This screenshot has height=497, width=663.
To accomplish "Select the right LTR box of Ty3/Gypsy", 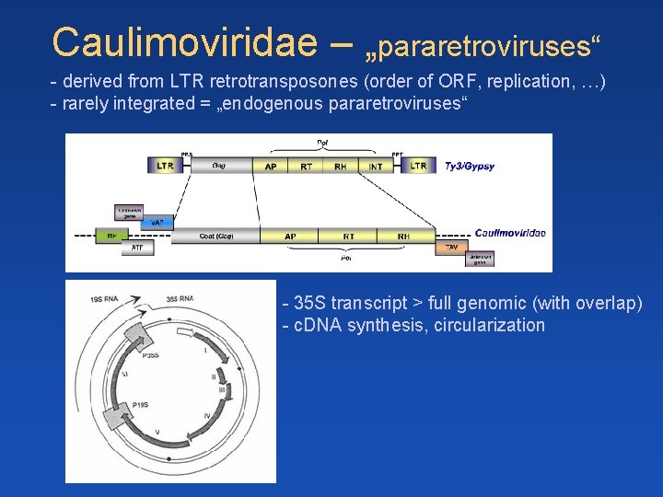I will tap(418, 166).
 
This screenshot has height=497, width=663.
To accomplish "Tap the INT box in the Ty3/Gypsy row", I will tap(375, 166).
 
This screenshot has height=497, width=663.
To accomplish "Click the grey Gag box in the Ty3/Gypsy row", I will tap(219, 166).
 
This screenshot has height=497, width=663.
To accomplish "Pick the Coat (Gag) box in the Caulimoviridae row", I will tap(216, 236).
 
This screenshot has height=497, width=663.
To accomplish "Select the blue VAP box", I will tap(157, 223).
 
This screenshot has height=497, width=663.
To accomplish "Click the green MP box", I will tap(111, 236).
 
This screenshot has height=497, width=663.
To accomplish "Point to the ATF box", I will tap(137, 248).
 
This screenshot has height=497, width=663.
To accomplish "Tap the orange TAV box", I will tap(451, 248).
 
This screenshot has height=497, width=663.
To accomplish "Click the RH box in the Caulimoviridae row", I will tap(404, 236).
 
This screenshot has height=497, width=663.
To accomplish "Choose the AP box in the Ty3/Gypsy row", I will tap(271, 166).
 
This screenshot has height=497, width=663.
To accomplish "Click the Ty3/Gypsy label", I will tap(469, 167).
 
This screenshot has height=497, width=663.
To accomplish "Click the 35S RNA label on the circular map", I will tap(180, 298).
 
